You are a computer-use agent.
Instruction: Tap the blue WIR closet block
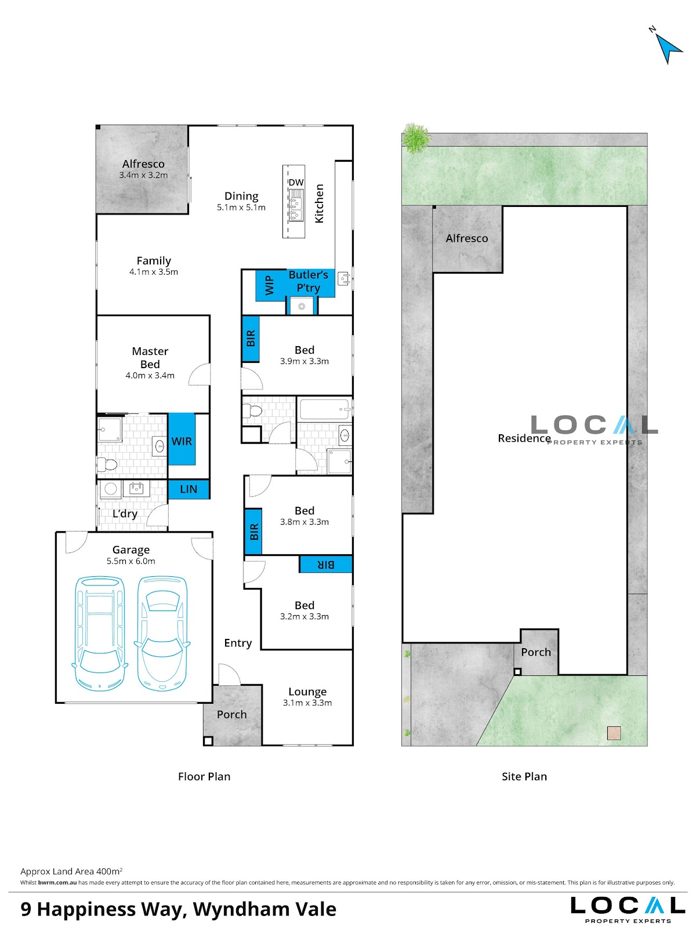[182, 439]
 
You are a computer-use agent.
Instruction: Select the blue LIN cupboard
[188, 489]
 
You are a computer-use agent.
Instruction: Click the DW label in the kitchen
[296, 183]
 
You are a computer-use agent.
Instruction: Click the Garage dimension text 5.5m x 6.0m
[131, 561]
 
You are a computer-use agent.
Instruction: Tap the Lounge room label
[307, 692]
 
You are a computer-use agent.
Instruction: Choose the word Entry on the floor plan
[238, 643]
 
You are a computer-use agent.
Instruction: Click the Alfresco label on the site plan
[467, 238]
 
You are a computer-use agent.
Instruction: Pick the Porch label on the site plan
[536, 652]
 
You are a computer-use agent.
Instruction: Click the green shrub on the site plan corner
[416, 137]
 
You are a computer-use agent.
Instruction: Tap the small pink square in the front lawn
[614, 733]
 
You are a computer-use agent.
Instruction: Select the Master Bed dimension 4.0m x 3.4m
[150, 376]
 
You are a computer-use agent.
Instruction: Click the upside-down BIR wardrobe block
[325, 564]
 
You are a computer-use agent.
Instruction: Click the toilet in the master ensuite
[107, 464]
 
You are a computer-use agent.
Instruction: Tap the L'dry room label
[125, 514]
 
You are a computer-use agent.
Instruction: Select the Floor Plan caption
[204, 776]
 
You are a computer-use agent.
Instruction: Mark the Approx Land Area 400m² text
[71, 871]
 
